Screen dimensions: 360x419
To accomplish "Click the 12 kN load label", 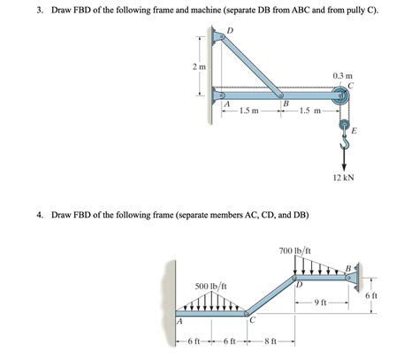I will point(345,178).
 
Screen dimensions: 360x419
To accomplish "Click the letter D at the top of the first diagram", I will point(231,31).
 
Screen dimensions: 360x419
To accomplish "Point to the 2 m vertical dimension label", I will point(199,66).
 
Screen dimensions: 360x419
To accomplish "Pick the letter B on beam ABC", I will point(285,104).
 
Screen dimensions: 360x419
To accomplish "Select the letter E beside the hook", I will point(354,131).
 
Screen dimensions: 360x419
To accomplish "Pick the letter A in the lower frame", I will point(179,322).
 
